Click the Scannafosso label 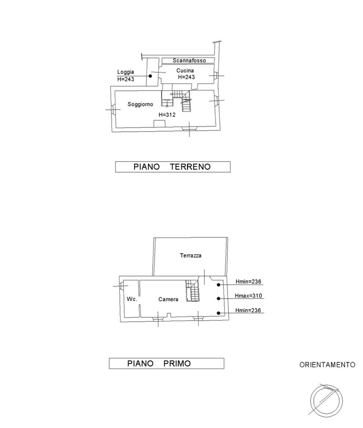pos(189,60)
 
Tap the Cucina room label pos(185,70)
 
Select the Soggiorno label pos(140,104)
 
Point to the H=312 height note pos(167,115)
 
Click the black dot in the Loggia pos(150,76)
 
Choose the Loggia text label pos(126,72)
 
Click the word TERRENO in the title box pos(190,167)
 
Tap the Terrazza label pos(191,255)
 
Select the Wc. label pos(132,299)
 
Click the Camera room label pos(168,299)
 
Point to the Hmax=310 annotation pos(248,296)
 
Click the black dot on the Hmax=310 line pos(219,299)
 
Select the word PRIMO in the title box pos(177,364)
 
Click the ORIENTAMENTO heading pos(327,365)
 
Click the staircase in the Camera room pos(192,291)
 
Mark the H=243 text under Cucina pos(186,77)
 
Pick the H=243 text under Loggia pos(126,79)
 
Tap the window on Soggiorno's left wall pos(113,110)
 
